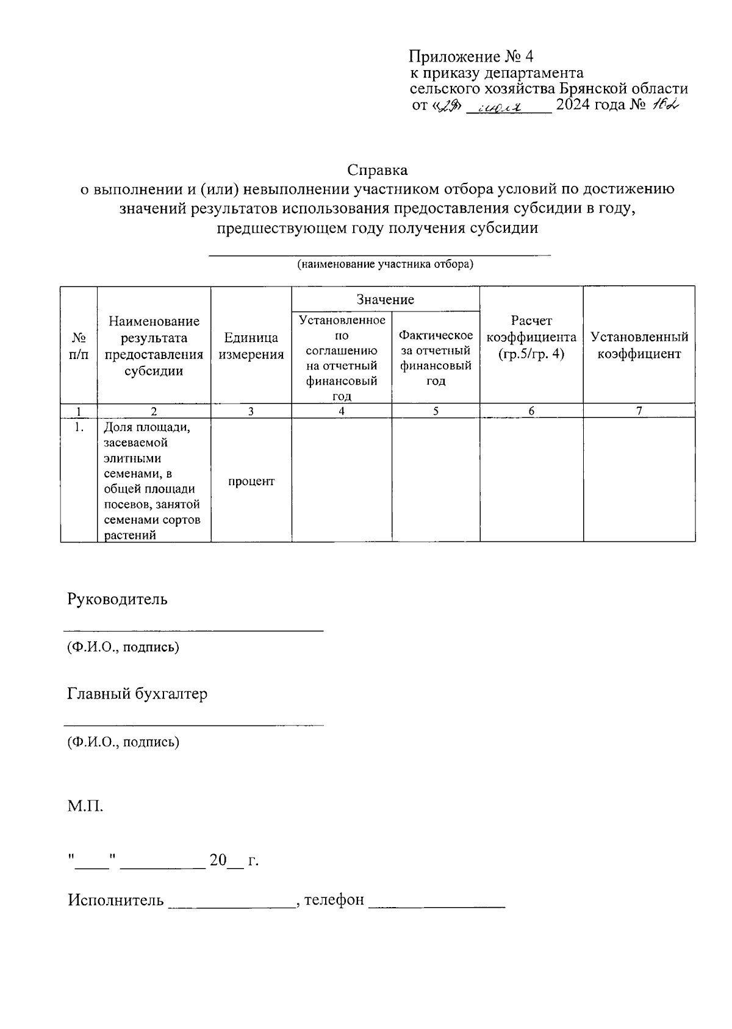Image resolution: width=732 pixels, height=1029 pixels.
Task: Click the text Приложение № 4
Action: [471, 57]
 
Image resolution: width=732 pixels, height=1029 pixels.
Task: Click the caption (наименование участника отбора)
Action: [385, 265]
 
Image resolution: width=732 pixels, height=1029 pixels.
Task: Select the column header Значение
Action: [385, 299]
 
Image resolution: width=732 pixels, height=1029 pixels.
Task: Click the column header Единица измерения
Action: [251, 346]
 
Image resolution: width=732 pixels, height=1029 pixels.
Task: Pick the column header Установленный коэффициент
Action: [639, 346]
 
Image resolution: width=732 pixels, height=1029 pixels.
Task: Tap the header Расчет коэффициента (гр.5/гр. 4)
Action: [531, 337]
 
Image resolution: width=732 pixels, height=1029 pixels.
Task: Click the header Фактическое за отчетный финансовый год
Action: [436, 358]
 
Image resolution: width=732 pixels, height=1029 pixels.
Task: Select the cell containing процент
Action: [251, 481]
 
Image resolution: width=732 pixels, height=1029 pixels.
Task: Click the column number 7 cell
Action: [639, 411]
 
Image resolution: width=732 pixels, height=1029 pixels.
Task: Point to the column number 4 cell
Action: [342, 411]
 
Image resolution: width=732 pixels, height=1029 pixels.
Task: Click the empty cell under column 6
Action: [531, 480]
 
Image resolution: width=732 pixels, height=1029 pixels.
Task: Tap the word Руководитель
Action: [117, 599]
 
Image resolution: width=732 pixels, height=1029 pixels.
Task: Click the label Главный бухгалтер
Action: [137, 694]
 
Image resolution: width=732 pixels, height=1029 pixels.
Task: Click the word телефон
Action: [334, 900]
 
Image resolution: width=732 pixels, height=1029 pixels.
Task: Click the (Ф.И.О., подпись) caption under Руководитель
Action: [123, 647]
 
